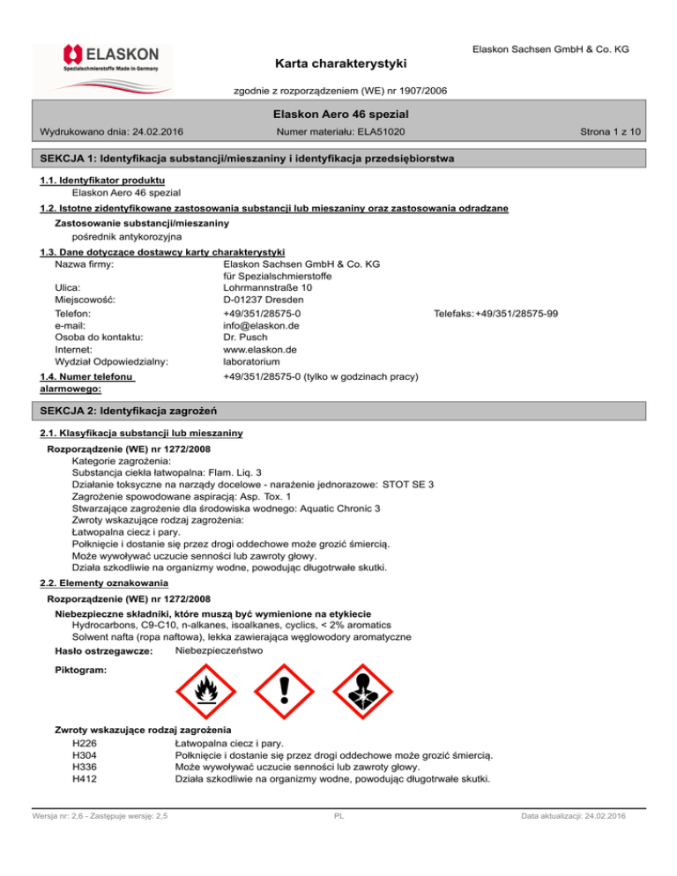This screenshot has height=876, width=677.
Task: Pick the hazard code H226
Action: pyautogui.click(x=86, y=742)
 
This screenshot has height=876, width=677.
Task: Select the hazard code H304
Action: pyautogui.click(x=86, y=754)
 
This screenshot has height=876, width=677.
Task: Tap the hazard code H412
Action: pyautogui.click(x=86, y=779)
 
